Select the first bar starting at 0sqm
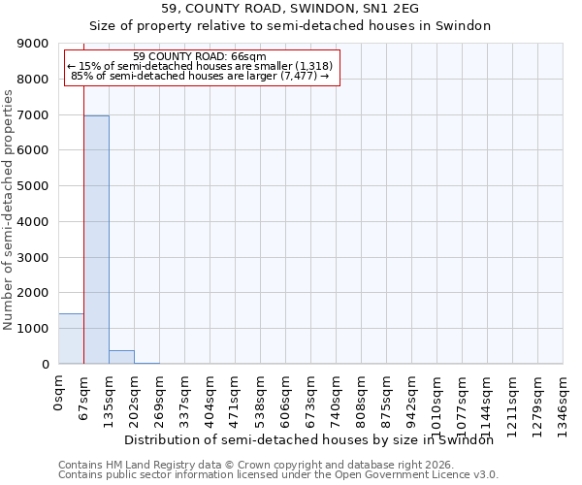(x=71, y=339)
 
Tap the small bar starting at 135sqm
(x=121, y=357)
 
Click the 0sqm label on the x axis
(x=59, y=393)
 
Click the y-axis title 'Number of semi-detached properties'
(x=9, y=210)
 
